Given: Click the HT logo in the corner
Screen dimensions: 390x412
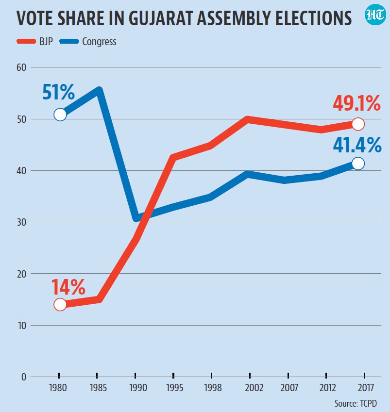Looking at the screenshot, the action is click(375, 15).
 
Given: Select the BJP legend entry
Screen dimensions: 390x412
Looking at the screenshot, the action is click(34, 42).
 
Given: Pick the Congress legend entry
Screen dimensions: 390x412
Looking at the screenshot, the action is click(88, 42).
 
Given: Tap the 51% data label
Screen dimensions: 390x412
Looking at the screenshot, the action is click(58, 92).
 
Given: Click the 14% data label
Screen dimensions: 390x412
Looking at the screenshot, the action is click(68, 287).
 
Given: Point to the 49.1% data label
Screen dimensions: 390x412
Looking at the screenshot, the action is click(356, 103).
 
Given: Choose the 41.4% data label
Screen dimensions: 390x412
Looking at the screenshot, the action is click(357, 145).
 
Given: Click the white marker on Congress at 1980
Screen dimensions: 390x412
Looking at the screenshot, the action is click(60, 115).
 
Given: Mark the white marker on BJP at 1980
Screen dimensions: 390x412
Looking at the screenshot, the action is click(60, 305).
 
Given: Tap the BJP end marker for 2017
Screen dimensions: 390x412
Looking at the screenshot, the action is click(358, 124).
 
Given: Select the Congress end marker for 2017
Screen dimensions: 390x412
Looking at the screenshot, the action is click(358, 164).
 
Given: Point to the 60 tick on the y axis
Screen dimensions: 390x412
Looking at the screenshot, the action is click(21, 67).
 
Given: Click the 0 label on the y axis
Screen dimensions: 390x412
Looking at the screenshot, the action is click(24, 377).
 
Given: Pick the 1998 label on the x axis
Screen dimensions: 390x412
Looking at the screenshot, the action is click(213, 388).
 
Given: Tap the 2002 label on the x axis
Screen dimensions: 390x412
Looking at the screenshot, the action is click(254, 388).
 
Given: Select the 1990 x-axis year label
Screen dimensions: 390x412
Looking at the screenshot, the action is click(138, 388).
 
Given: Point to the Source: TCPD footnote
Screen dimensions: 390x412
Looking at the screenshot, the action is click(356, 403).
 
